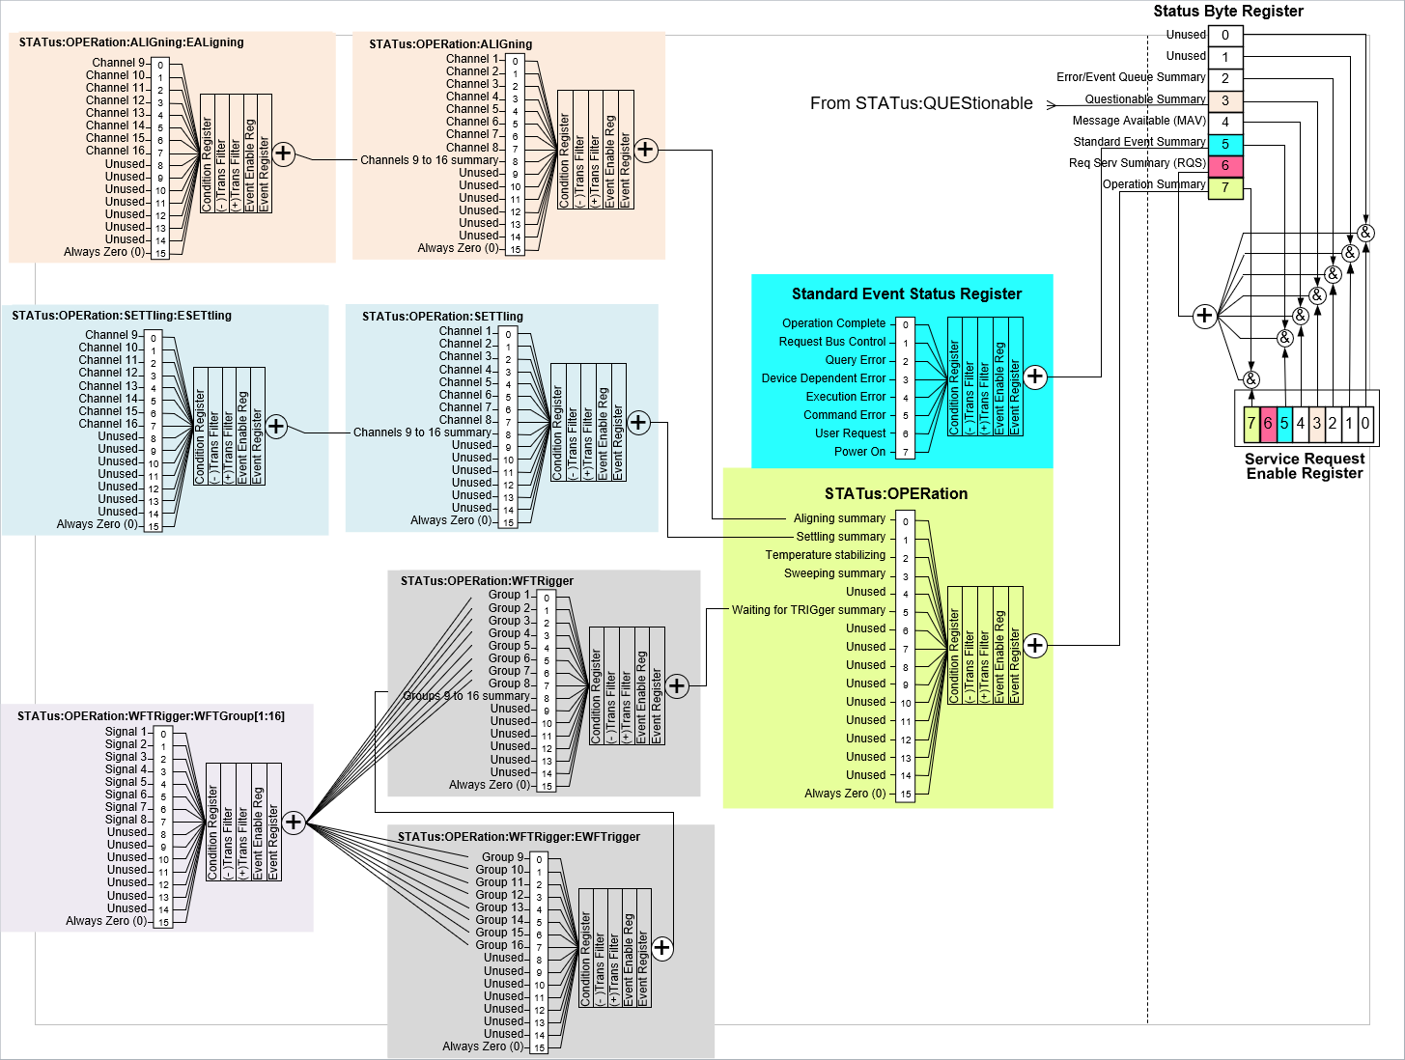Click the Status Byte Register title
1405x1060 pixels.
point(1227,12)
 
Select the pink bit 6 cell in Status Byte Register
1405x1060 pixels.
point(1224,166)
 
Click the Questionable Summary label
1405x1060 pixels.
point(1145,99)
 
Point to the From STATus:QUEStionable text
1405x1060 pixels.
point(920,103)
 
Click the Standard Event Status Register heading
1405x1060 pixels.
point(906,294)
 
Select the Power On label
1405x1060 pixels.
point(859,452)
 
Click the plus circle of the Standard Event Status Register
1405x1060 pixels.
point(1034,377)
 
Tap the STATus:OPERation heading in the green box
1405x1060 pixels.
point(895,494)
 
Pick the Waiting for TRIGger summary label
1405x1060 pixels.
point(808,610)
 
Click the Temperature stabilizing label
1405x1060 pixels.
point(825,555)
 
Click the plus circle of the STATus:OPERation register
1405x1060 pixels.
point(1034,645)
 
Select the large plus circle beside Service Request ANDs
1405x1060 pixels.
point(1203,316)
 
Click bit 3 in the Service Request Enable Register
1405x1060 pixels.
point(1316,423)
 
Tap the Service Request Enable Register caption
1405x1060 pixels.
point(1304,466)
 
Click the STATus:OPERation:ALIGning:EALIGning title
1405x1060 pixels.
point(131,42)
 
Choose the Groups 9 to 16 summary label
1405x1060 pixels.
point(466,696)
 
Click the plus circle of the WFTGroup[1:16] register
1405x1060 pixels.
point(293,823)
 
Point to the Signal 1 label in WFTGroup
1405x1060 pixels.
point(126,732)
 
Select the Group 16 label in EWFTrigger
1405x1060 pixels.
point(499,945)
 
